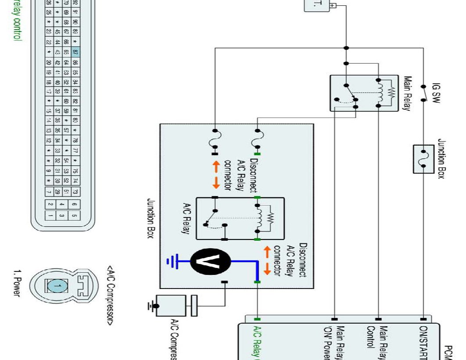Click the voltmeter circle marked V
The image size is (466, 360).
click(x=211, y=262)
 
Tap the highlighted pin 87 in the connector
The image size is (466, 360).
click(x=75, y=52)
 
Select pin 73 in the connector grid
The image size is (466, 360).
click(x=75, y=191)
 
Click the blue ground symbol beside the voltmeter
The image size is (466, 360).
click(x=172, y=262)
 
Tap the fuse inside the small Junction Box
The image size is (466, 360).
click(x=424, y=158)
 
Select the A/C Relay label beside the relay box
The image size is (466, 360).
click(x=185, y=218)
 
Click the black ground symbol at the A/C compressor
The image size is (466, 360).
click(x=151, y=306)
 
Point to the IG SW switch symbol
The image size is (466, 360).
click(x=424, y=93)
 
